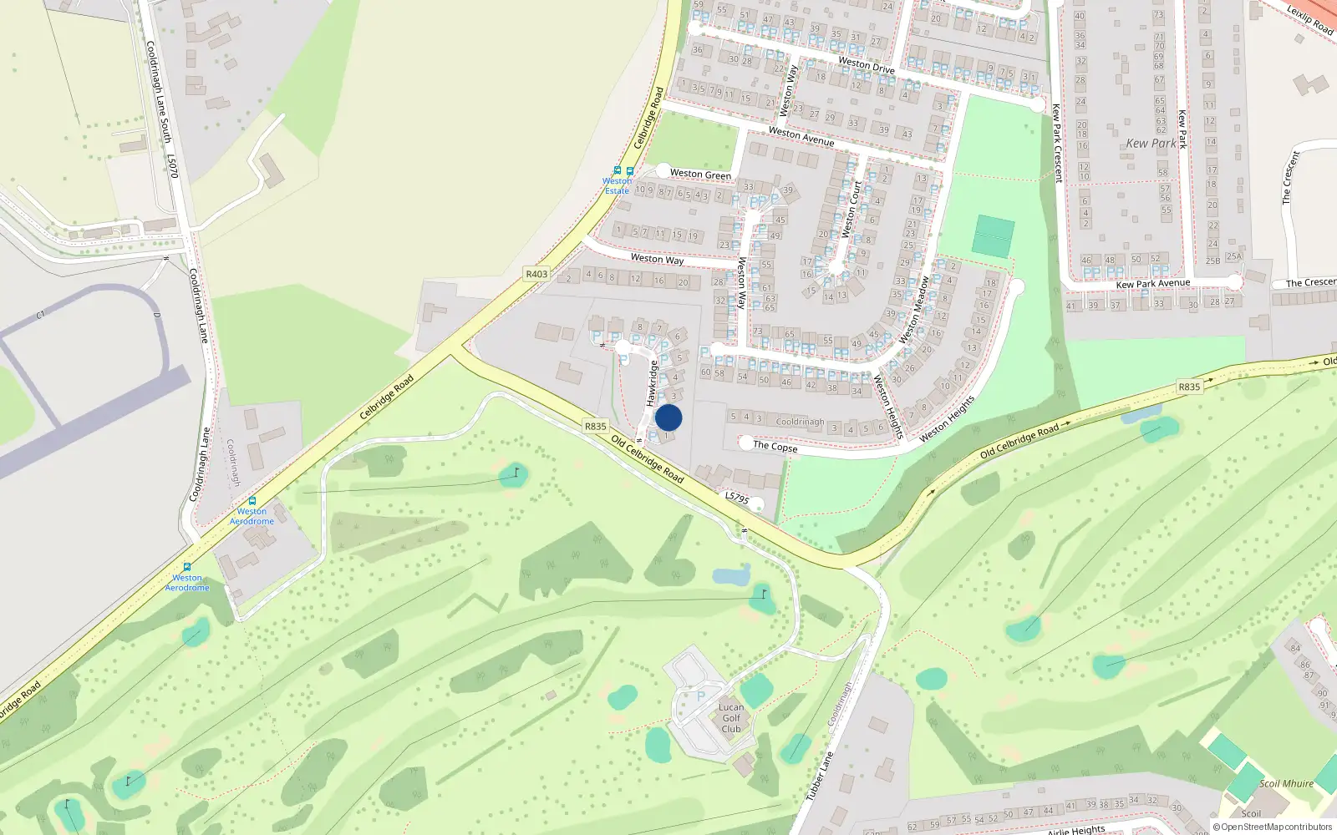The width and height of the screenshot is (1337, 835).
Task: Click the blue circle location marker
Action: click(x=668, y=417)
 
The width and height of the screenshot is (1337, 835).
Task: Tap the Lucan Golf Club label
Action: click(x=731, y=718)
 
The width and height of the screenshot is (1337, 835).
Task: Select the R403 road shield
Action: click(x=536, y=274)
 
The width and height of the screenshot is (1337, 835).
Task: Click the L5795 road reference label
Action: click(x=737, y=498)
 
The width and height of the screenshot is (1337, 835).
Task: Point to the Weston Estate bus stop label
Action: click(x=618, y=185)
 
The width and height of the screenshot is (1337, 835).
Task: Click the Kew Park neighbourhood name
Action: click(x=1151, y=144)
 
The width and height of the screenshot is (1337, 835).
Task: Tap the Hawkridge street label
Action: click(x=653, y=383)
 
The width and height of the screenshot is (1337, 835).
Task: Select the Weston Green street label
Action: click(x=700, y=175)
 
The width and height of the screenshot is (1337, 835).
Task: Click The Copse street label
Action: click(x=775, y=447)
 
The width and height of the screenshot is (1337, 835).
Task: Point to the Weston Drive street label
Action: click(x=866, y=65)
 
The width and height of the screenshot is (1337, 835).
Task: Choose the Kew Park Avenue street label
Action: click(x=1152, y=284)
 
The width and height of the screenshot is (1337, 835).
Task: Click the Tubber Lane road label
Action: click(x=820, y=777)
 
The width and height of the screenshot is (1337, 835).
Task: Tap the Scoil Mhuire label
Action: click(x=1286, y=783)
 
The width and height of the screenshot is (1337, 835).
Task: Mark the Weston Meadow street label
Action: click(x=913, y=310)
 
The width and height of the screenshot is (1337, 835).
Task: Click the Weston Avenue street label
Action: click(x=801, y=136)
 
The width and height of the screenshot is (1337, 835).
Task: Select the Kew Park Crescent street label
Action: click(x=1057, y=144)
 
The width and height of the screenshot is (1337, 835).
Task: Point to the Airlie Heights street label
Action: click(x=1076, y=830)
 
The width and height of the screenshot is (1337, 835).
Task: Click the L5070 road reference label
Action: click(x=172, y=165)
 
